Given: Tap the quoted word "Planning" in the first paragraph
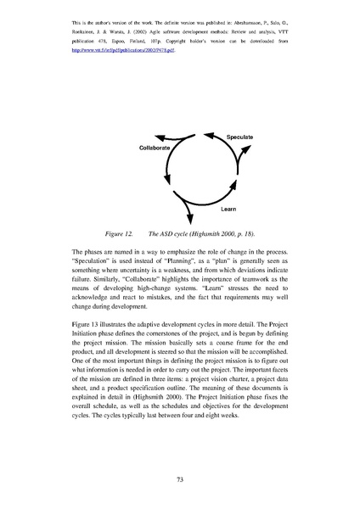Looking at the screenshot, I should coord(211,264).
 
